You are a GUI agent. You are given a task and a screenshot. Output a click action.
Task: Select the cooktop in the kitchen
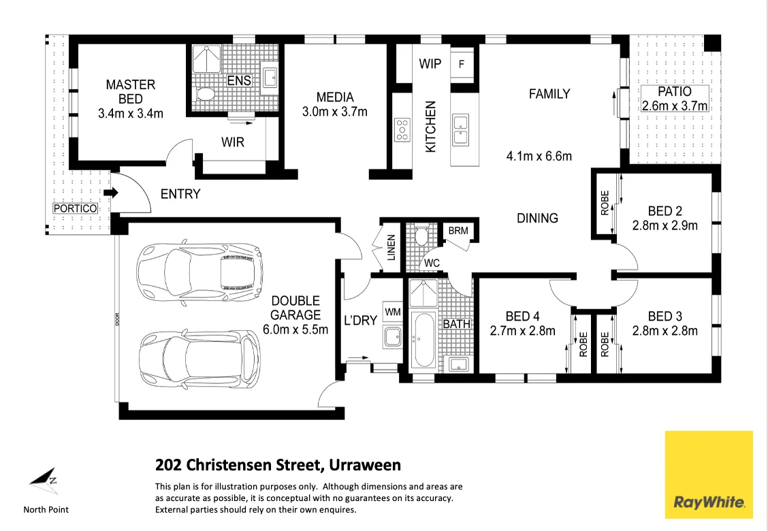click(x=402, y=129)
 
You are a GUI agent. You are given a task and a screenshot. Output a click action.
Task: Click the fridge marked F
click(x=462, y=65)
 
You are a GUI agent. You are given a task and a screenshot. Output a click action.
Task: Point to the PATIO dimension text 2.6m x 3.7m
click(x=675, y=106)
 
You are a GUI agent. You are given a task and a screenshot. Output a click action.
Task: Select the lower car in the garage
click(x=199, y=359)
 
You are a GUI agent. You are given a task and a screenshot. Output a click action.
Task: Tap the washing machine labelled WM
click(x=393, y=311)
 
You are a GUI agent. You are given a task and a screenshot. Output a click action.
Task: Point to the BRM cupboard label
click(x=458, y=231)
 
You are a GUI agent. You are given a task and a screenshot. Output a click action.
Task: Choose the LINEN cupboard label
click(x=391, y=248)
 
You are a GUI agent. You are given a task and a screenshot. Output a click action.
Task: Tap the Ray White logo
click(x=709, y=474)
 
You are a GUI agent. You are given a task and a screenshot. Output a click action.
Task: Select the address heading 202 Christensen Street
click(x=278, y=466)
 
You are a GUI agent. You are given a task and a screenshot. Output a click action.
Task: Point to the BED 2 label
click(x=665, y=211)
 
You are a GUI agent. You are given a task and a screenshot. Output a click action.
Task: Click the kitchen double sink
click(x=462, y=130)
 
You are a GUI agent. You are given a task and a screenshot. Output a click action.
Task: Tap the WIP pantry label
click(x=430, y=64)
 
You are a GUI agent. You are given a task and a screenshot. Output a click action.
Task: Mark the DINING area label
click(x=537, y=218)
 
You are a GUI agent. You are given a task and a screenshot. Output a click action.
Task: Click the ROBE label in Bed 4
click(x=582, y=344)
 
